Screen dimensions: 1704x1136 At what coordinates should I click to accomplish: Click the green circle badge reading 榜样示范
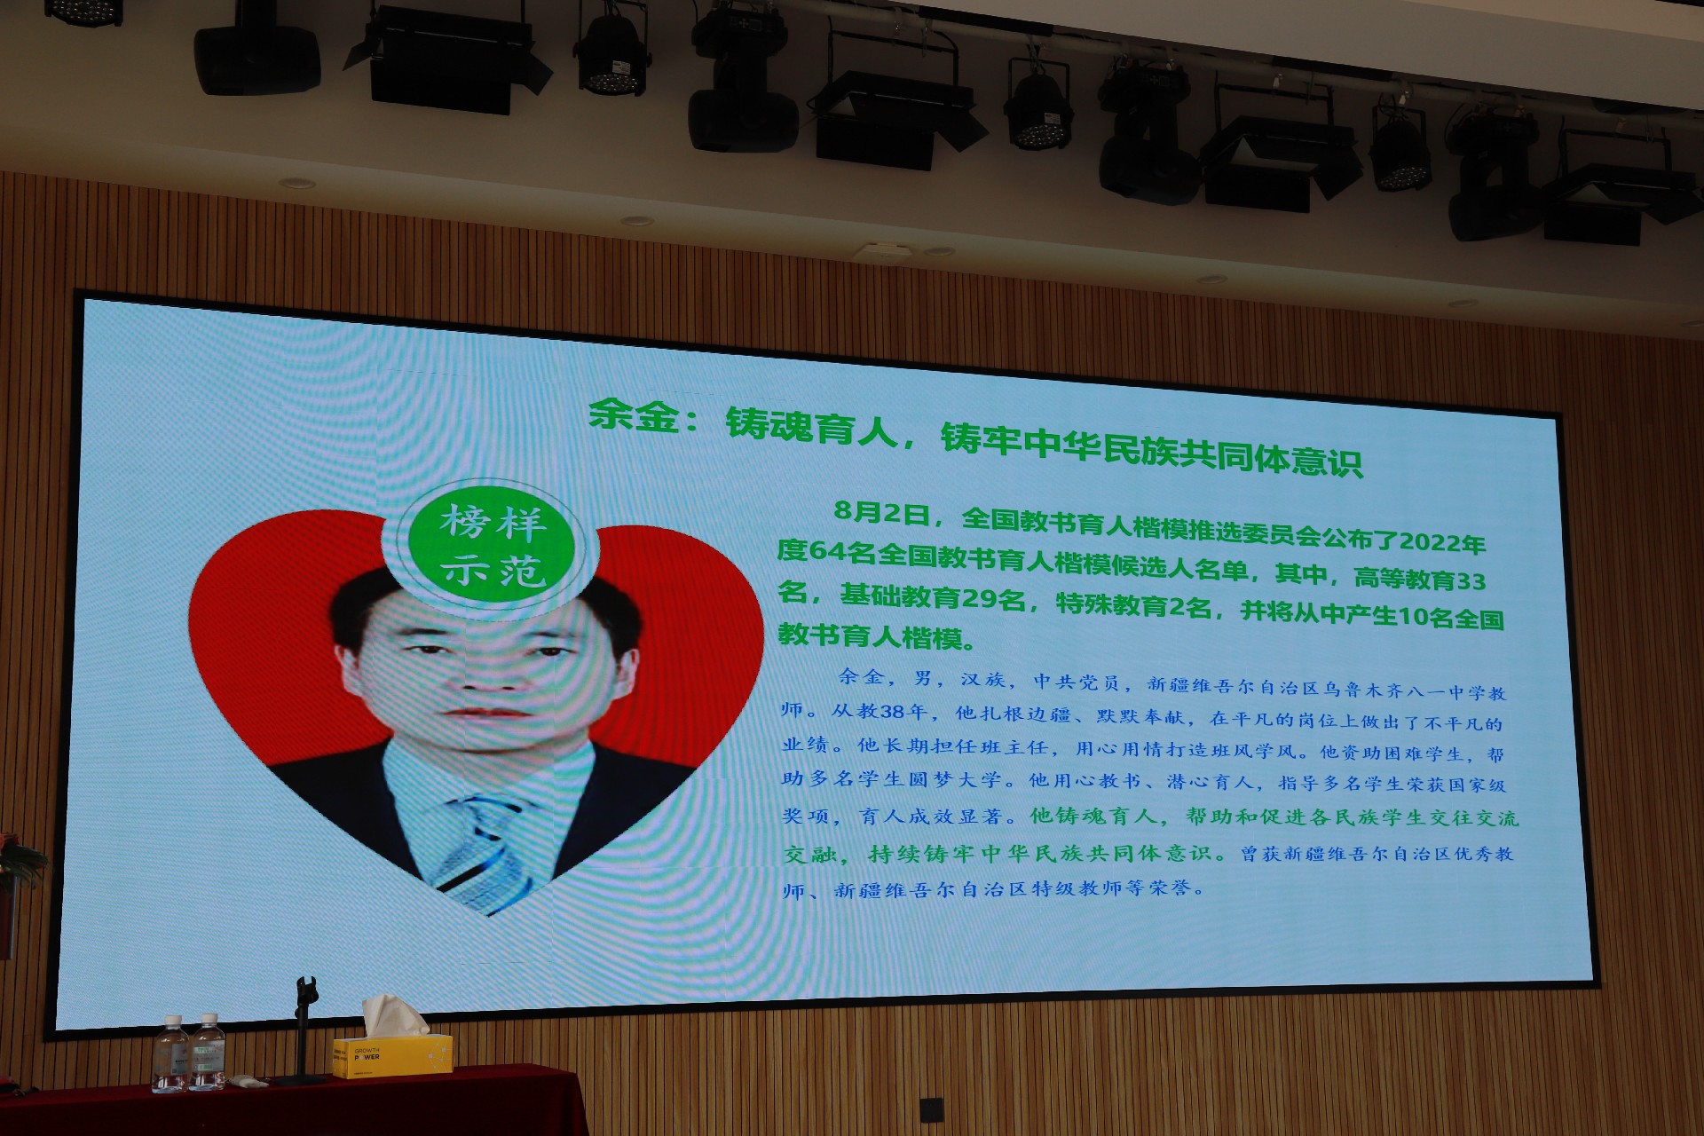491,547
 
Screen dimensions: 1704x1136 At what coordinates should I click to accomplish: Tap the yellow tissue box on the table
392,1056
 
